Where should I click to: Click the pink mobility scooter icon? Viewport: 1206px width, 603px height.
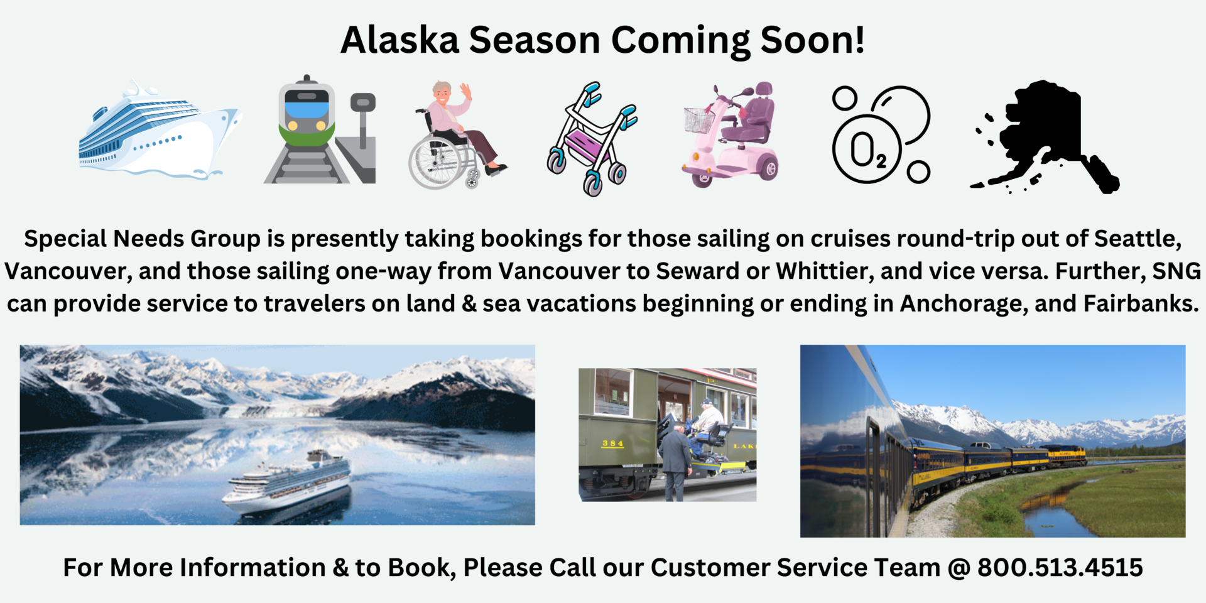pyautogui.click(x=732, y=136)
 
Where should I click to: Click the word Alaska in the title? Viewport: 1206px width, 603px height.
pyautogui.click(x=400, y=40)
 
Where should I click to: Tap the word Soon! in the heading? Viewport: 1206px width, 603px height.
pyautogui.click(x=812, y=40)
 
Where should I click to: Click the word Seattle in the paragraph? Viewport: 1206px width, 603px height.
pyautogui.click(x=1137, y=239)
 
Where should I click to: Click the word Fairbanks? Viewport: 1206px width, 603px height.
pyautogui.click(x=1141, y=304)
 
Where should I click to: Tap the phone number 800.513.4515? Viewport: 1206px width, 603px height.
pyautogui.click(x=1060, y=568)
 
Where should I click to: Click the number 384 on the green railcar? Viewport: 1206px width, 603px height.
pyautogui.click(x=612, y=443)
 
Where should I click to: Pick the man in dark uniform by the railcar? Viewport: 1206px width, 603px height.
pyautogui.click(x=673, y=462)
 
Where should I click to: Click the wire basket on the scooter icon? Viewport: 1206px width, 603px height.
pyautogui.click(x=698, y=120)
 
